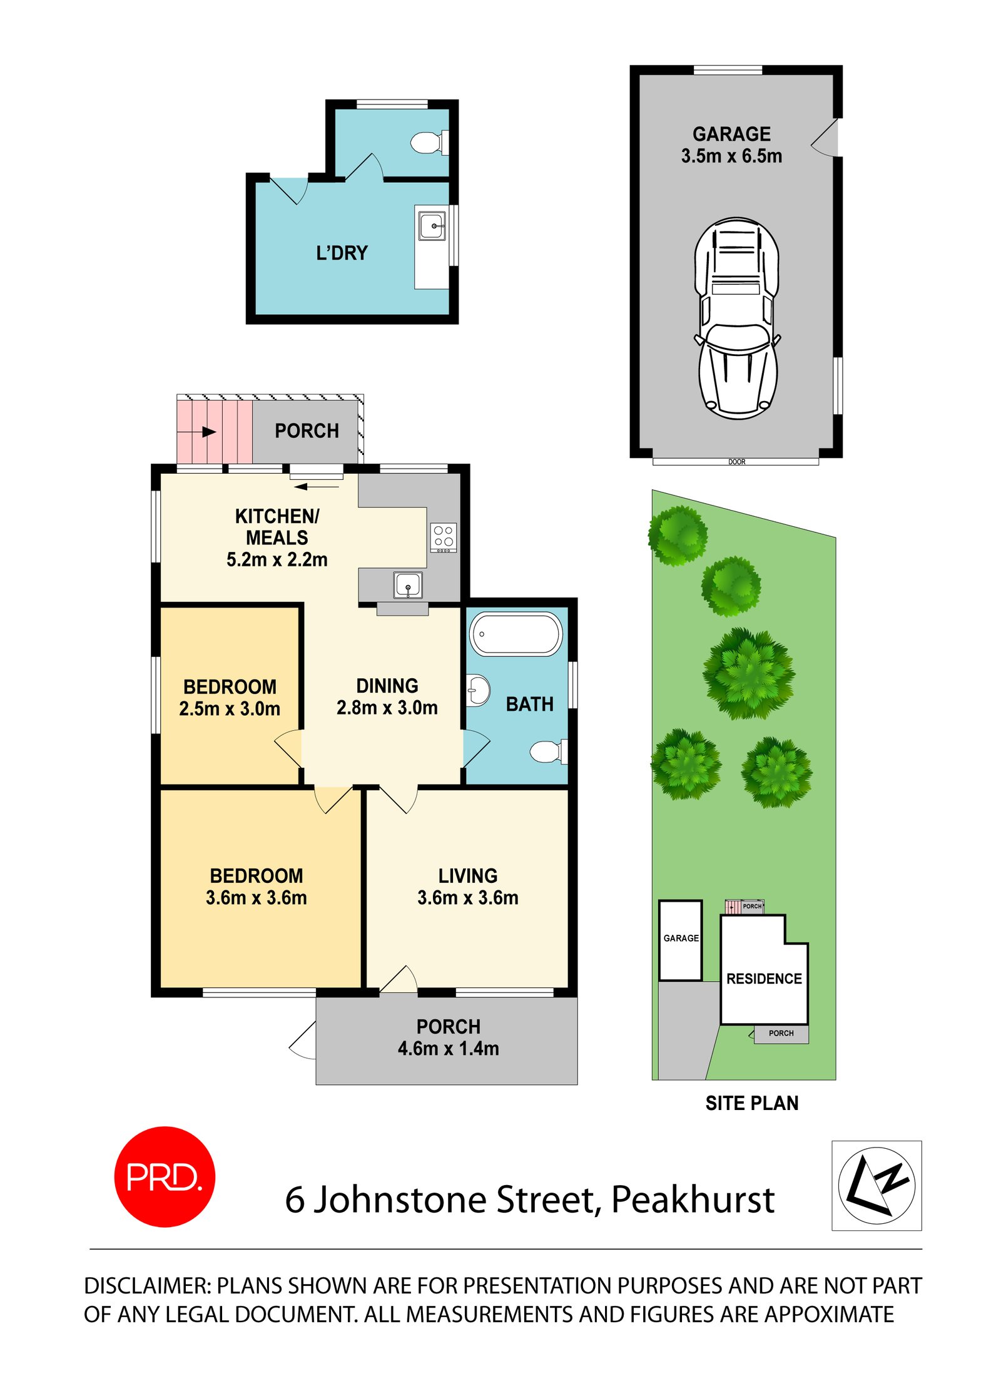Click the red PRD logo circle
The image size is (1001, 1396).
click(x=165, y=1176)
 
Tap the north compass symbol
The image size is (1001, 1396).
click(x=877, y=1185)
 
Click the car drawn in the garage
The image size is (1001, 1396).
click(x=737, y=318)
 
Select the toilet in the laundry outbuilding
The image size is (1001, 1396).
click(x=429, y=142)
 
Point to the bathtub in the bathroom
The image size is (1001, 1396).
click(x=516, y=633)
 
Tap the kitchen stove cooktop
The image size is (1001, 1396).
click(x=443, y=537)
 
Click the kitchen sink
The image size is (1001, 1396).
click(x=408, y=585)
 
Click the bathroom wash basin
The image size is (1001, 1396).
click(x=478, y=690)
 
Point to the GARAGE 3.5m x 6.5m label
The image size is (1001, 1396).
click(x=731, y=145)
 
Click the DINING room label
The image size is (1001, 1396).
click(x=387, y=686)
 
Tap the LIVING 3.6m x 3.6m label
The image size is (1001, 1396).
click(x=468, y=887)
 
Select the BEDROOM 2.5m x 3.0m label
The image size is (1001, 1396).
click(x=230, y=698)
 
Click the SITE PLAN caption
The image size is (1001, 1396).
click(x=752, y=1103)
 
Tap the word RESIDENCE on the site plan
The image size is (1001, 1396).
click(x=764, y=979)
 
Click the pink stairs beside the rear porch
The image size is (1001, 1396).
click(x=215, y=431)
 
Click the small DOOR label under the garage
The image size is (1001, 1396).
click(x=736, y=462)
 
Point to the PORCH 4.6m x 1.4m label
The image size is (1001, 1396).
click(x=448, y=1037)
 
